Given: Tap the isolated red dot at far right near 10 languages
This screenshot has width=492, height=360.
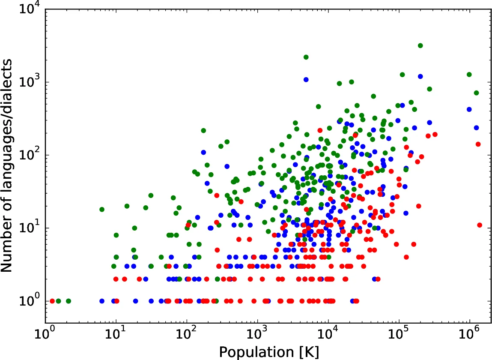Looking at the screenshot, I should (480, 225).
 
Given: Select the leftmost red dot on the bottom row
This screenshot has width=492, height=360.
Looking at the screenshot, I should (52, 301).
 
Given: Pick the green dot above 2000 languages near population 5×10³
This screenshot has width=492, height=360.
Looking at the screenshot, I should (306, 57).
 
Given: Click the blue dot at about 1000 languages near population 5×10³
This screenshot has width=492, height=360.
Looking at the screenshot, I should (306, 79).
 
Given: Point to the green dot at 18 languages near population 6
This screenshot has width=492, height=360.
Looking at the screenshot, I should (102, 209).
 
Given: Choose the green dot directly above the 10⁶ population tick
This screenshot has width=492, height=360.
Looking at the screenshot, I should (469, 75).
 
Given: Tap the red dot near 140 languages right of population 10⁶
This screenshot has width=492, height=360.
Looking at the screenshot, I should (478, 144).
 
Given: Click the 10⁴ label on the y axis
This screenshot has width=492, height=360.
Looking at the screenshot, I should (29, 9).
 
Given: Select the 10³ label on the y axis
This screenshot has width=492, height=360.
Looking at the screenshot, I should (29, 82).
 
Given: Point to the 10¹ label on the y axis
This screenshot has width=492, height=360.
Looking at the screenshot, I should (29, 228).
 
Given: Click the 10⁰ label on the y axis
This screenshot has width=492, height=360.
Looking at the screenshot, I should (29, 300).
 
